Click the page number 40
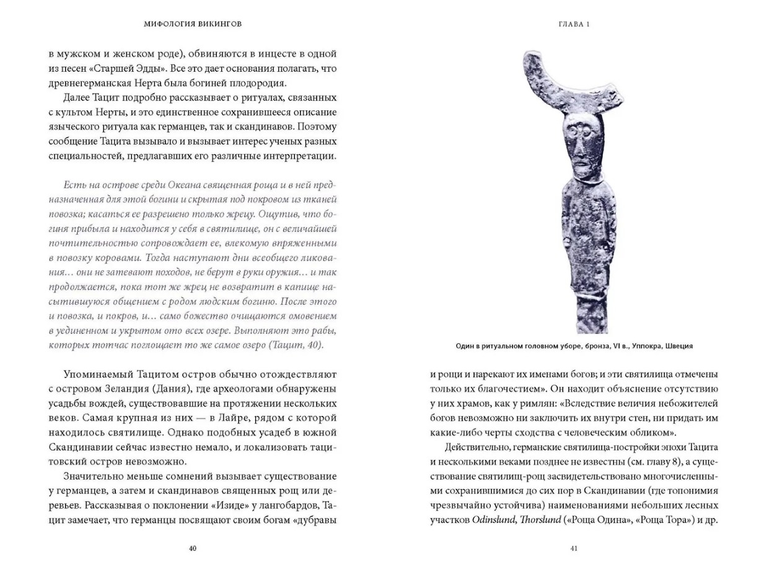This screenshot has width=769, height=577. (x=192, y=548)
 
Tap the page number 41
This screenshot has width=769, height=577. (x=574, y=548)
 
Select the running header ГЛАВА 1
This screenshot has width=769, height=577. (x=574, y=25)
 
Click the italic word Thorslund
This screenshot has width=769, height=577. (x=540, y=520)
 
